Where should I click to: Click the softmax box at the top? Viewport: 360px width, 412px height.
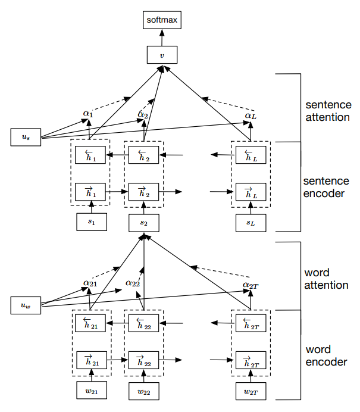[162, 20]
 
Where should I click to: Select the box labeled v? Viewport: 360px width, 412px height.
[162, 55]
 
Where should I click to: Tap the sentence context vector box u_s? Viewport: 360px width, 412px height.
[26, 138]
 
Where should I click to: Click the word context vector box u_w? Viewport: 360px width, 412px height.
[26, 306]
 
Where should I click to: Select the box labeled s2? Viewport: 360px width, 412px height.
[144, 222]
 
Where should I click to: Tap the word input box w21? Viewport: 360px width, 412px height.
[92, 391]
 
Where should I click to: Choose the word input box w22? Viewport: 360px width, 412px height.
[145, 391]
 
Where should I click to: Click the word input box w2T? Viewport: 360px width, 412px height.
[251, 391]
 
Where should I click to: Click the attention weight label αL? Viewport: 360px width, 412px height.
[250, 115]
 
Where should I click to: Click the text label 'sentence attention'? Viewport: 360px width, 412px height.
[327, 109]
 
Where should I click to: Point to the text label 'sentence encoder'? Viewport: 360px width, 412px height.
[327, 186]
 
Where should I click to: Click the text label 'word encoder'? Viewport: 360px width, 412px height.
[326, 355]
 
